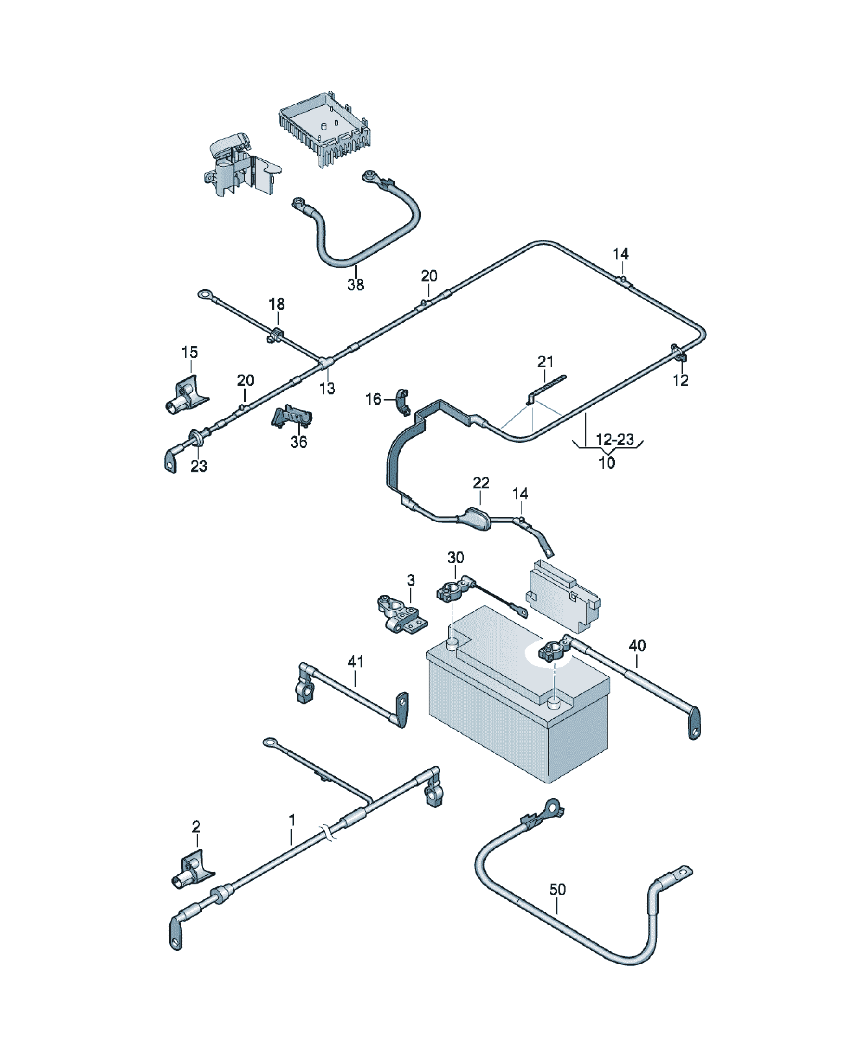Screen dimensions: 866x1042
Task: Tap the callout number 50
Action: [557, 889]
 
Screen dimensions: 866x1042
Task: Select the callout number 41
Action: [356, 662]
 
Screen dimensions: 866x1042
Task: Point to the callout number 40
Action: [637, 645]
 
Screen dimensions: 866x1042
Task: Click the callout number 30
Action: [455, 558]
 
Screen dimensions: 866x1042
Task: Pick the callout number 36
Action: [298, 442]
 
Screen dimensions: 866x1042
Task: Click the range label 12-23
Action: [615, 439]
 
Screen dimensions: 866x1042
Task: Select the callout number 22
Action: [481, 483]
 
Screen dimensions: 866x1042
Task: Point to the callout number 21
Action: [545, 361]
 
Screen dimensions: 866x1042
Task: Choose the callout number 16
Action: [373, 399]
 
